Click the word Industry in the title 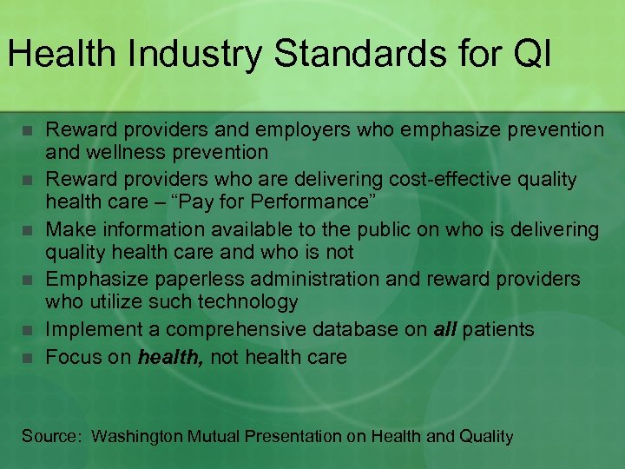point(187,54)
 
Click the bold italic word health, point(170,356)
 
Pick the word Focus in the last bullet point(73,356)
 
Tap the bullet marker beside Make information point(28,231)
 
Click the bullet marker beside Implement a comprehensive point(28,331)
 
